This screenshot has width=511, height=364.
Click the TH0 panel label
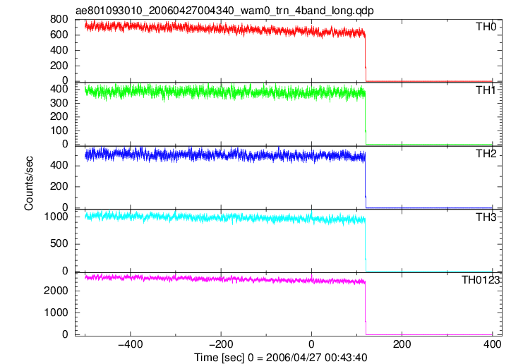[486, 27]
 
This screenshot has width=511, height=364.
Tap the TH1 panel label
[486, 90]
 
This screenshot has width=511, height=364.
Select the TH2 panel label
[486, 154]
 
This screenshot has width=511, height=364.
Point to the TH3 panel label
[486, 217]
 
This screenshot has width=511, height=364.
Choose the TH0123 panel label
[481, 280]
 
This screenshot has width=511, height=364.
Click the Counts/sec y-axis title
[29, 183]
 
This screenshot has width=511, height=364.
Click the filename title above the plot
[224, 11]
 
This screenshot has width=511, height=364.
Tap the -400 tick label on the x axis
[131, 344]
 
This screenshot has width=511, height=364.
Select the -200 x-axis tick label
[221, 344]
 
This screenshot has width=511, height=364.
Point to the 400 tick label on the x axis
[492, 344]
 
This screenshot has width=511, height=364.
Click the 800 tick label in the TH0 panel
[59, 20]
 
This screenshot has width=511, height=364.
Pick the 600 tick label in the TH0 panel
[59, 35]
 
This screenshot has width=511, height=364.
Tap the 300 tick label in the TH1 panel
[59, 103]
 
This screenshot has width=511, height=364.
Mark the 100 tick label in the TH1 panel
[59, 131]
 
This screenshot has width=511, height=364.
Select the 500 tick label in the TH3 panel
[59, 243]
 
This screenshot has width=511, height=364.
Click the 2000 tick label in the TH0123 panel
[56, 291]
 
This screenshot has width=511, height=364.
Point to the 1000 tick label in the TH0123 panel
[56, 313]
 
